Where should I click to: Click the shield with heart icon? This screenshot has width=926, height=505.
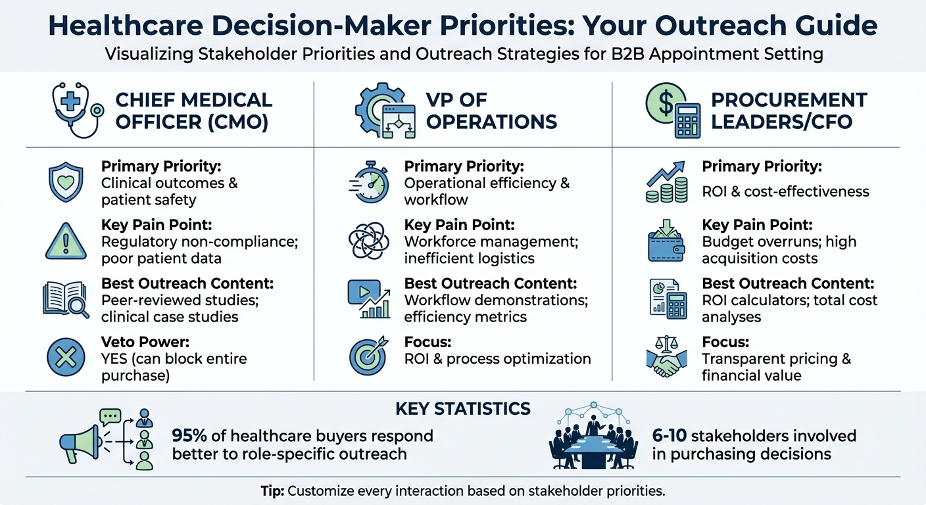pyautogui.click(x=66, y=182)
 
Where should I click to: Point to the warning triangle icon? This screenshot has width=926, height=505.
pyautogui.click(x=66, y=241)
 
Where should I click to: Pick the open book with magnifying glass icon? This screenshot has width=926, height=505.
pyautogui.click(x=66, y=300)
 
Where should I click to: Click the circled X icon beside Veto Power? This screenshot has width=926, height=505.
pyautogui.click(x=66, y=358)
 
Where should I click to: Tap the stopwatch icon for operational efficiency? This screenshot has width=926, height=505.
pyautogui.click(x=369, y=182)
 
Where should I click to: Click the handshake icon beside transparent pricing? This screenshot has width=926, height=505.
pyautogui.click(x=667, y=358)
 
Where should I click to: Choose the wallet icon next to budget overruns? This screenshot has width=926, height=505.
pyautogui.click(x=667, y=241)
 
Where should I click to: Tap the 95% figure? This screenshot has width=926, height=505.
pyautogui.click(x=190, y=435)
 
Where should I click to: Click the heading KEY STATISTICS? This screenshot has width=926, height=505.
pyautogui.click(x=462, y=408)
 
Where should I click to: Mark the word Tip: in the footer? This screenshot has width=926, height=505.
pyautogui.click(x=272, y=491)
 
